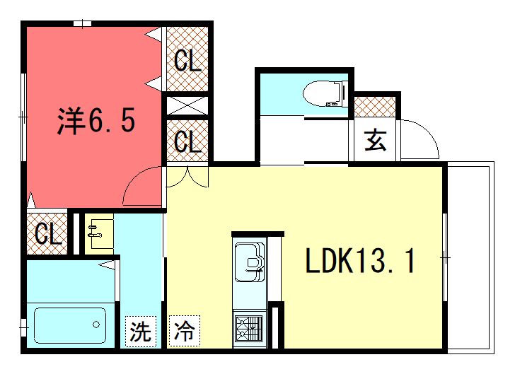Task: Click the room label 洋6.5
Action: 96,120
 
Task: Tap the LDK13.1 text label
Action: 360,261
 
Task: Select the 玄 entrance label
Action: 375,140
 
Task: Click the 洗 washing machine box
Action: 141,331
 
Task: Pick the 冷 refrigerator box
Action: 184,331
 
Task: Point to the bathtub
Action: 70,325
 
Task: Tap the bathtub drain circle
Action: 96,325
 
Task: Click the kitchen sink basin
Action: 250,262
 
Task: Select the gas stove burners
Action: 249,328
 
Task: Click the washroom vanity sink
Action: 99,231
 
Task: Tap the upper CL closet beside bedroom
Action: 187,59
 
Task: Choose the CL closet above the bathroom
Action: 47,234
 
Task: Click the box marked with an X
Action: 187,106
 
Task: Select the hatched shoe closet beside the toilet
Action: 375,107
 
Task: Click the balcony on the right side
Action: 470,257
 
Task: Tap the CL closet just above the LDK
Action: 187,141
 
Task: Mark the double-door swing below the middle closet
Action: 187,177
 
